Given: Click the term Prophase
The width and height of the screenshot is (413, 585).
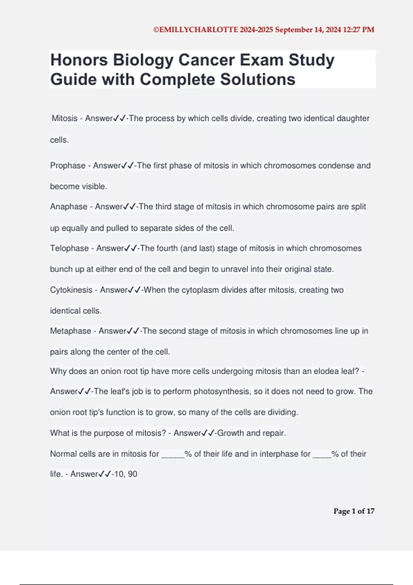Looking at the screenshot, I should pyautogui.click(x=67, y=166).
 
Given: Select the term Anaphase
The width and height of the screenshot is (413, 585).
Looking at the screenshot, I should pyautogui.click(x=68, y=206).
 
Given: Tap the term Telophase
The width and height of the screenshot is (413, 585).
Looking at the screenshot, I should pyautogui.click(x=69, y=248).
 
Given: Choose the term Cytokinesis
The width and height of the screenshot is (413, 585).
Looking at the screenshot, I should pyautogui.click(x=71, y=290).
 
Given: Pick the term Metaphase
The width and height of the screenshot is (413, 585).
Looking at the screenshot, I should pyautogui.click(x=70, y=331).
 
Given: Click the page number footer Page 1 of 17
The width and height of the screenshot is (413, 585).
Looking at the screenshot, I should pyautogui.click(x=353, y=511).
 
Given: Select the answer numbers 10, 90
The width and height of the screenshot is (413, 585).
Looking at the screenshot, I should pyautogui.click(x=126, y=474).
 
